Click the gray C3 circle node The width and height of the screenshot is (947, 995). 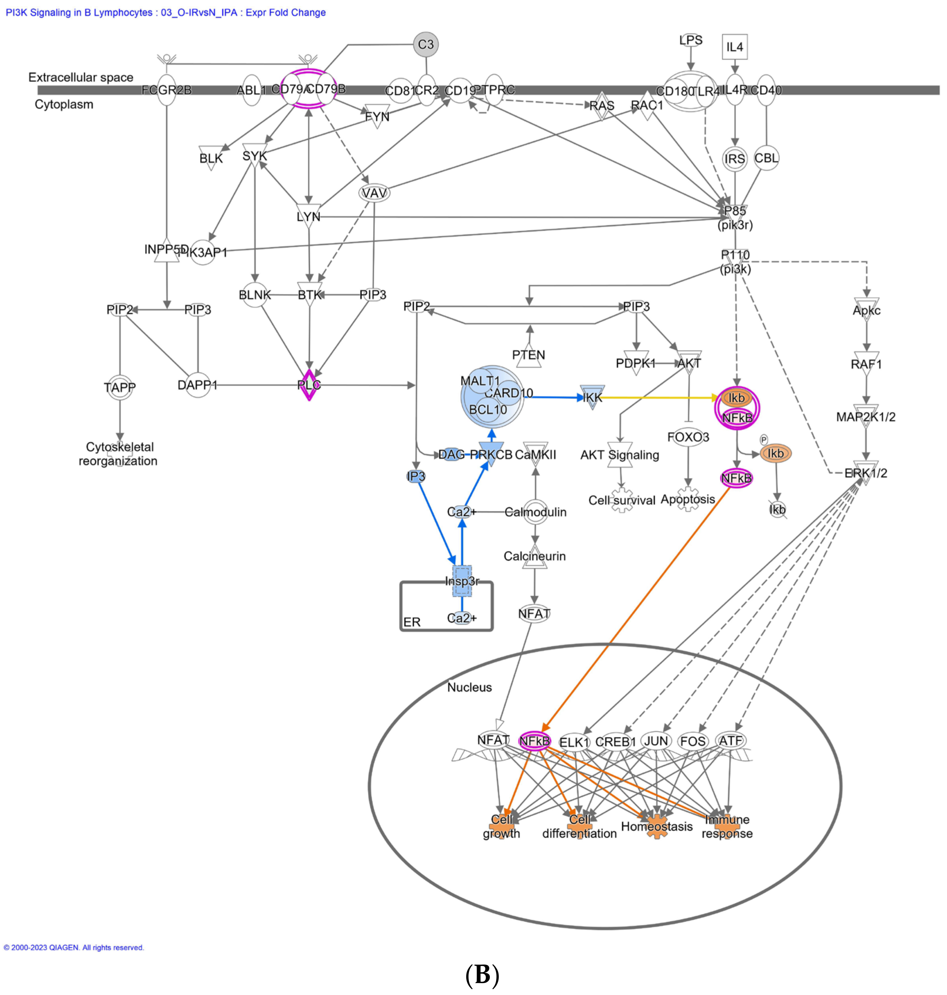coord(426,44)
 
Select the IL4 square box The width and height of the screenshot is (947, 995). coord(734,47)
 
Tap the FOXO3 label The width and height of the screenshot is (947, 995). coord(688,437)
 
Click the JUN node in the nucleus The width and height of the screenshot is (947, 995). coord(656,741)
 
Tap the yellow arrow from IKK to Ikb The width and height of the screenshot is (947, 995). coord(656,398)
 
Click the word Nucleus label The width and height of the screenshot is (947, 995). coord(469,687)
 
